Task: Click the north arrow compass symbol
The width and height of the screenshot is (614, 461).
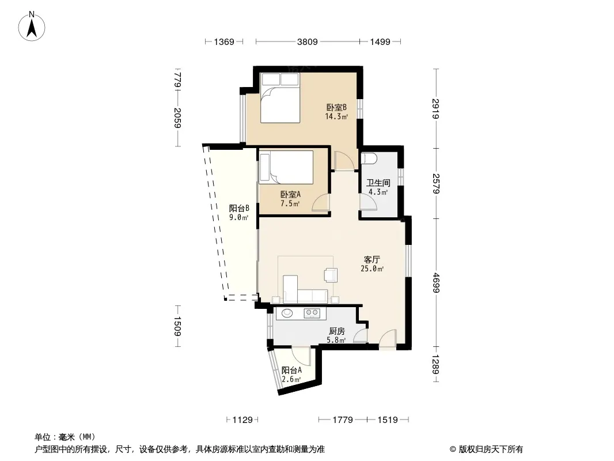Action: pyautogui.click(x=32, y=27)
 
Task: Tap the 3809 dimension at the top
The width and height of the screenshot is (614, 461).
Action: pyautogui.click(x=308, y=41)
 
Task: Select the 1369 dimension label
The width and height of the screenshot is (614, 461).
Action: pyautogui.click(x=224, y=41)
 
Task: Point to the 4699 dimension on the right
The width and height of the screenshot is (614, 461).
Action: pyautogui.click(x=436, y=283)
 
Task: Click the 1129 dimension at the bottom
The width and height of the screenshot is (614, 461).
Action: pyautogui.click(x=242, y=420)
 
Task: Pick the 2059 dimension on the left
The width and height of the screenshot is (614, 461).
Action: pyautogui.click(x=177, y=118)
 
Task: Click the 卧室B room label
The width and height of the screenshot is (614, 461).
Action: pyautogui.click(x=336, y=107)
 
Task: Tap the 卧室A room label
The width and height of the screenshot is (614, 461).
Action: pyautogui.click(x=290, y=194)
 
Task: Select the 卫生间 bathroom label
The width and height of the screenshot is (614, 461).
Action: pyautogui.click(x=378, y=183)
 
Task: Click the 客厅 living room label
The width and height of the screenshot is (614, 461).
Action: pyautogui.click(x=372, y=260)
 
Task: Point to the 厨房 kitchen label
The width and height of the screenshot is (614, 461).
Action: pyautogui.click(x=337, y=331)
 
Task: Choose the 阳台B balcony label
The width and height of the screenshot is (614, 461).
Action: pyautogui.click(x=239, y=208)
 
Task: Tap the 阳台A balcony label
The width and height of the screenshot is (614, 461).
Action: pyautogui.click(x=291, y=370)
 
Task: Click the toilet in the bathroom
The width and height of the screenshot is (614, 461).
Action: pyautogui.click(x=370, y=158)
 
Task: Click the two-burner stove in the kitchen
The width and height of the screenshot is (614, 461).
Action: pyautogui.click(x=312, y=312)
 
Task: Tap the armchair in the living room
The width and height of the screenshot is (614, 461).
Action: pyautogui.click(x=331, y=275)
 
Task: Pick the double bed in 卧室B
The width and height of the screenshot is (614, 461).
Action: pyautogui.click(x=281, y=98)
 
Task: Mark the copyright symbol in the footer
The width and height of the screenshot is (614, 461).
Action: pyautogui.click(x=453, y=449)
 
